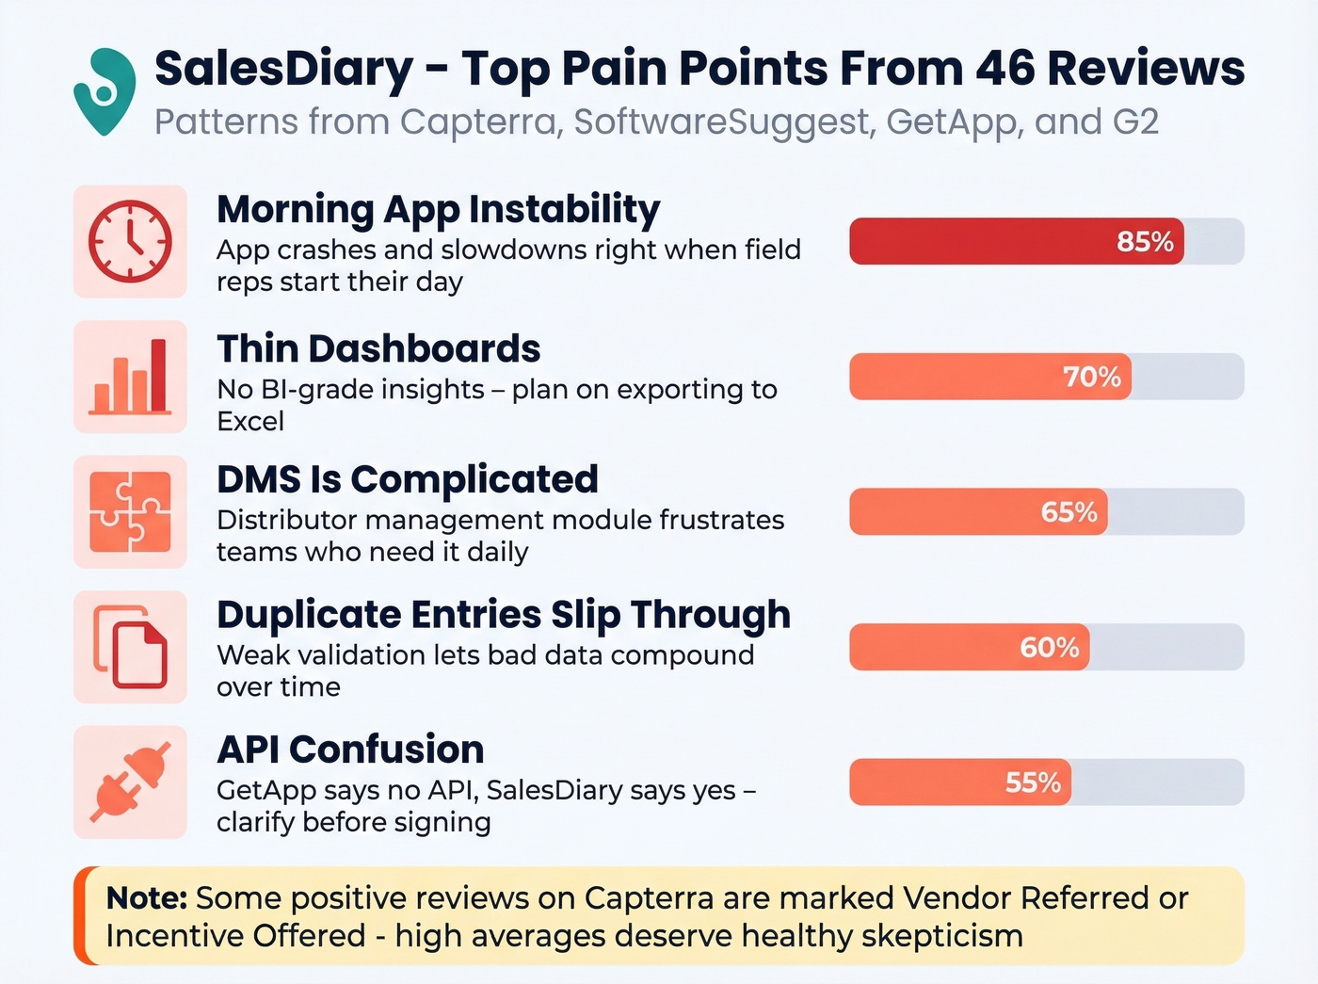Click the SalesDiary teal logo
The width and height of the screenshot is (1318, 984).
pyautogui.click(x=104, y=91)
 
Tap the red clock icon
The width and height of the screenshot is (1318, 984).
pyautogui.click(x=130, y=241)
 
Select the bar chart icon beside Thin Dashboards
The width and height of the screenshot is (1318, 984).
pyautogui.click(x=130, y=377)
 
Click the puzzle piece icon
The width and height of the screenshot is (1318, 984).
pyautogui.click(x=130, y=512)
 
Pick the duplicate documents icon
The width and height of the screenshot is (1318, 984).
pyautogui.click(x=130, y=648)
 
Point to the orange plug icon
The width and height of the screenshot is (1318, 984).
pyautogui.click(x=130, y=782)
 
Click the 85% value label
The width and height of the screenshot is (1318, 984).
pyautogui.click(x=1145, y=242)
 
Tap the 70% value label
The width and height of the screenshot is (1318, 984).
pyautogui.click(x=1092, y=378)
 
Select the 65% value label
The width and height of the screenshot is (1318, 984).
pyautogui.click(x=1069, y=512)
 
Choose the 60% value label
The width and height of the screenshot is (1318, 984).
pyautogui.click(x=1049, y=648)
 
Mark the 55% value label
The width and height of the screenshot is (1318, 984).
pyautogui.click(x=1033, y=782)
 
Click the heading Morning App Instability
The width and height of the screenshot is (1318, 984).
pyautogui.click(x=438, y=209)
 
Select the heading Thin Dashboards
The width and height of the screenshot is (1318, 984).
pyautogui.click(x=378, y=348)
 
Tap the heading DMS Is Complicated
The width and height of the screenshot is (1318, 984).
pyautogui.click(x=407, y=479)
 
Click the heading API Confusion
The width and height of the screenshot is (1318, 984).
pyautogui.click(x=350, y=750)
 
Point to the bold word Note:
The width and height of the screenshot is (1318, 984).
pyautogui.click(x=147, y=898)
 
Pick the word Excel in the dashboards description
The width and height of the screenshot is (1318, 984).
pyautogui.click(x=250, y=421)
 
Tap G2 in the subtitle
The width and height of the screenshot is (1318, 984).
pyautogui.click(x=1133, y=122)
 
